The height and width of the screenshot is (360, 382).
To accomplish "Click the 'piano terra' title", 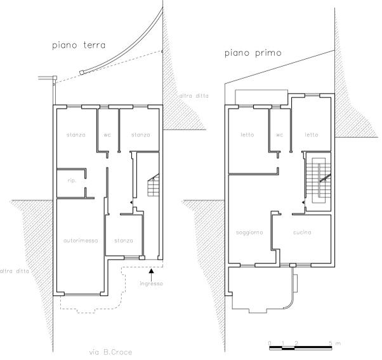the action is (79, 45).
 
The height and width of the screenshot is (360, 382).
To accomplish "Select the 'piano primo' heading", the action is (253, 53).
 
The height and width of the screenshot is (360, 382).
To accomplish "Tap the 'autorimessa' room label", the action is (81, 241).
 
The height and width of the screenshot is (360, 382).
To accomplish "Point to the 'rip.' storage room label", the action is (72, 180).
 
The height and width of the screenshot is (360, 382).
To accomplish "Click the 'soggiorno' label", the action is (249, 232).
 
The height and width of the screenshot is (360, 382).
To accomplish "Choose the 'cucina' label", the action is (302, 232).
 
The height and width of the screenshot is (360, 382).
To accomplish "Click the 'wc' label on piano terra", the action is (107, 135).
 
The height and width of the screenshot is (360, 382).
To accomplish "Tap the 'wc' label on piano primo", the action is (279, 135).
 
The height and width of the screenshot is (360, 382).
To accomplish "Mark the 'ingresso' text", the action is (151, 284).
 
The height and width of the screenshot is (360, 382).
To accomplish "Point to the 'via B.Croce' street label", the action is (111, 352).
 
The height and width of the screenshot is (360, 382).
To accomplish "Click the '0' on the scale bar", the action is (270, 343).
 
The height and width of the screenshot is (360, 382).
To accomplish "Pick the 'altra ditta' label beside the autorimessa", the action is (15, 271).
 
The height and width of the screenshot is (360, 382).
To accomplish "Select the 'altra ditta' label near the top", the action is (194, 96).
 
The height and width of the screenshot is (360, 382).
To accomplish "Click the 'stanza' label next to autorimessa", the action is (124, 241).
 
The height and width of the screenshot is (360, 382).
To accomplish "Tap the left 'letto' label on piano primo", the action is (247, 135).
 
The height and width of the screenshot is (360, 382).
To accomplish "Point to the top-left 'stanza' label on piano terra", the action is (76, 135).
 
